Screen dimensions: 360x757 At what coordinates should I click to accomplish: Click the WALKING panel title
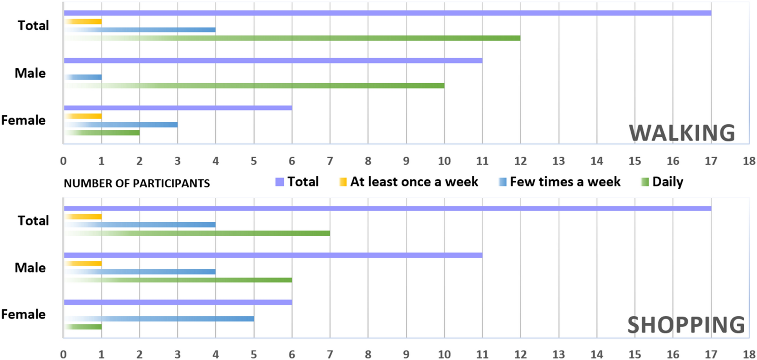click(682, 133)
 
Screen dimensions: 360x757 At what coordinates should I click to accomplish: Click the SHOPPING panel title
click(686, 325)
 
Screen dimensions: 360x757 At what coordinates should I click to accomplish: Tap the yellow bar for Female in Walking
click(83, 116)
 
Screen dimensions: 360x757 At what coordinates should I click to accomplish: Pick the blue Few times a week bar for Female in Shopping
click(159, 319)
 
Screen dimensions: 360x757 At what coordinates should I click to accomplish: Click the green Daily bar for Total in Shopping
click(197, 233)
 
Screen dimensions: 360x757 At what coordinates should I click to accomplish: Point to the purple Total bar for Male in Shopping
click(273, 255)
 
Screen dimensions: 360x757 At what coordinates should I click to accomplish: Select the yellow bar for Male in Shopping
click(83, 263)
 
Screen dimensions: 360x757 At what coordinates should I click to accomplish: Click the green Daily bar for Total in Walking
click(292, 38)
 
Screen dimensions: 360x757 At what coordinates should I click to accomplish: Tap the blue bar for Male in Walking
click(83, 77)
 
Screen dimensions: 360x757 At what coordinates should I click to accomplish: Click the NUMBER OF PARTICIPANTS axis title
click(137, 183)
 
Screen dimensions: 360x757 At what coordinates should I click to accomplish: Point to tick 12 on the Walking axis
click(521, 161)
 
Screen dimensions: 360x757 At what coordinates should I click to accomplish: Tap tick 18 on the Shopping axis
click(749, 354)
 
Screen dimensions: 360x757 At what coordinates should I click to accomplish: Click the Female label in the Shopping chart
click(23, 314)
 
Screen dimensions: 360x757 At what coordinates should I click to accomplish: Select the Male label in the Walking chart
click(30, 73)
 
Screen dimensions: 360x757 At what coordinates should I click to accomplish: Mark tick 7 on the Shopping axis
click(330, 354)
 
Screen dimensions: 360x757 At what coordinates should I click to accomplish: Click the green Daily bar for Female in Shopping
click(83, 327)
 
